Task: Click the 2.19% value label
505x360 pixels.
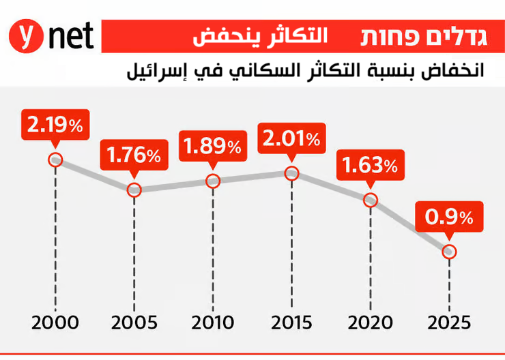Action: point(56,125)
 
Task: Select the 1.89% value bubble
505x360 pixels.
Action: point(213,146)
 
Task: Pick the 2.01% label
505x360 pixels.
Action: point(291,139)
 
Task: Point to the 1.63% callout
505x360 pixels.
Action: point(370,165)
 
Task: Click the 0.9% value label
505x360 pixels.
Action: point(449,217)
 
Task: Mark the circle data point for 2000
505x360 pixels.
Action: point(56,160)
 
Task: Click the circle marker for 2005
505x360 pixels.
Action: point(134,190)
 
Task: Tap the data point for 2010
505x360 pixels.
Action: point(213,181)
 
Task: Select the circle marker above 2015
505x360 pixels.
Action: point(291,173)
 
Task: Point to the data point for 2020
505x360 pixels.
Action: point(370,200)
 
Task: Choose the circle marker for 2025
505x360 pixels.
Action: point(449,252)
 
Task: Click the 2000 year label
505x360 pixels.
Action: point(56,322)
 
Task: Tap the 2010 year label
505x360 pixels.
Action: point(213,322)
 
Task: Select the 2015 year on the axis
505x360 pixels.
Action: point(291,322)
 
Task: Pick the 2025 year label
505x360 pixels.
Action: point(449,322)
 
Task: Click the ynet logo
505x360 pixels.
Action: point(52,35)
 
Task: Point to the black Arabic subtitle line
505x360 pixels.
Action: point(306,70)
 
